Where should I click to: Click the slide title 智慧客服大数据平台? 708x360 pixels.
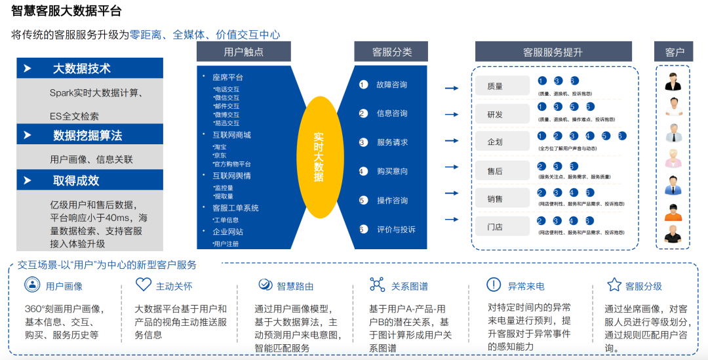coord(67,11)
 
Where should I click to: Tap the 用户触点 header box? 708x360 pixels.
coord(243,52)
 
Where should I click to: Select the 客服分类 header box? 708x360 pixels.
coord(391,52)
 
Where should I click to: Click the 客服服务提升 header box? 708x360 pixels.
coord(553,52)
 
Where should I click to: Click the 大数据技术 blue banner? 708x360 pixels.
coord(90,68)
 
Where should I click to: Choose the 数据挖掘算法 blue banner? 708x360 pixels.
coord(90,135)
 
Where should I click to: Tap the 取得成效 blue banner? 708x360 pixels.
coord(90,180)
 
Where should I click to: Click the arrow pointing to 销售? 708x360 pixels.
coord(452,195)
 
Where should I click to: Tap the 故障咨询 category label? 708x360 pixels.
coord(391,85)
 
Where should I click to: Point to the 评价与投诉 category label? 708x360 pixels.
coord(396,230)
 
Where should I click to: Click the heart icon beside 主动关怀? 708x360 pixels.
coord(144,285)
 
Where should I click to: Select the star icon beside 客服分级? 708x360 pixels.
coord(614,285)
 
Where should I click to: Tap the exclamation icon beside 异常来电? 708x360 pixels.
coord(494,285)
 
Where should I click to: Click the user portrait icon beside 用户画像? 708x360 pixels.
coord(31,285)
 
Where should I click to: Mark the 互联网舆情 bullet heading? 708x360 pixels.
coord(231,176)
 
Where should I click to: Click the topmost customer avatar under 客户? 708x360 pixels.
coord(673,81)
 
